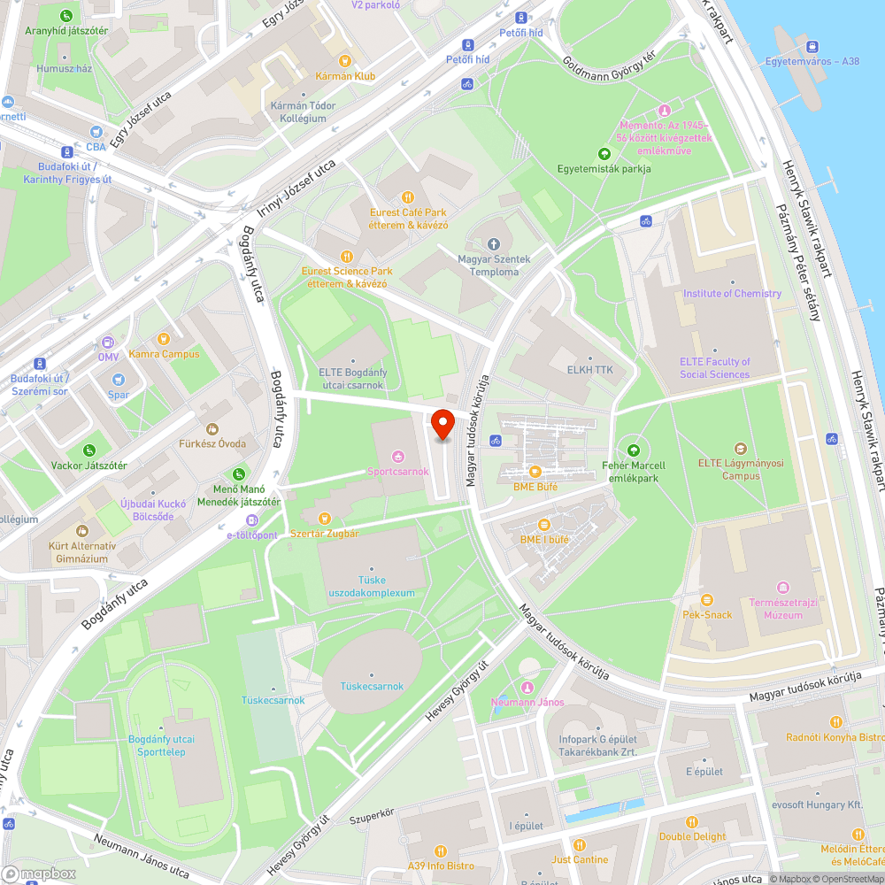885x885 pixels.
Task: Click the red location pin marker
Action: (x=442, y=424)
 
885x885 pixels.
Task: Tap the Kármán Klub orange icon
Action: (x=345, y=61)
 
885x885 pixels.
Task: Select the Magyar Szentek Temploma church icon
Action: (x=494, y=243)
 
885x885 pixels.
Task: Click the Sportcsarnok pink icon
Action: (x=398, y=457)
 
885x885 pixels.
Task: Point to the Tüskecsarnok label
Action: (x=372, y=686)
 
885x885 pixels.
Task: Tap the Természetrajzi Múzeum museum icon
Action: (x=781, y=588)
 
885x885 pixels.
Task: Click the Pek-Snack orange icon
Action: (x=706, y=599)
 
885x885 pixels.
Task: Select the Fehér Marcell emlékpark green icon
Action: (x=632, y=450)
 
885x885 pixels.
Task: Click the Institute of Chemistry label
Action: (x=732, y=293)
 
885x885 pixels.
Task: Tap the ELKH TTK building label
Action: (x=590, y=370)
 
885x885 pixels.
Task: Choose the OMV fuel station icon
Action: (x=107, y=342)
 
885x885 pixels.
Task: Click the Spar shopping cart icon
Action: (x=119, y=379)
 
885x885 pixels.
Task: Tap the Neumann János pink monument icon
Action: (x=527, y=688)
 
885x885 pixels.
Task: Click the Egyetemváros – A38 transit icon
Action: (x=812, y=46)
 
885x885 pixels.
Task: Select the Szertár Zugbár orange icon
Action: (x=325, y=518)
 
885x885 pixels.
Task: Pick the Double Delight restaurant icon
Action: (x=692, y=820)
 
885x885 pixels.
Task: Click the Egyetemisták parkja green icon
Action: (x=604, y=153)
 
